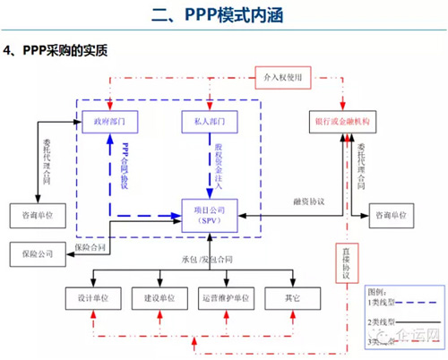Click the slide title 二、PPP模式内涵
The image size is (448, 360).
(224, 14)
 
